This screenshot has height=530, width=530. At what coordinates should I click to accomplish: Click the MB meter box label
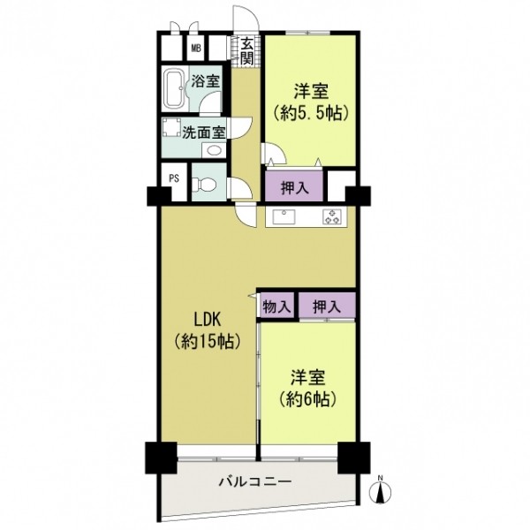[x=196, y=49]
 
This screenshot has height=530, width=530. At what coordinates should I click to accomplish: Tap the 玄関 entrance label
[x=247, y=51]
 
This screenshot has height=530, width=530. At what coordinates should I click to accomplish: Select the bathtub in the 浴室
[x=174, y=88]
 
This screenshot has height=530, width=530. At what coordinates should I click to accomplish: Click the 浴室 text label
[x=206, y=81]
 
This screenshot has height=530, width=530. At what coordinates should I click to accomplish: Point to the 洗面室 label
[x=204, y=132]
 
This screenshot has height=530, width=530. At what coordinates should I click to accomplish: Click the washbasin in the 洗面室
[x=214, y=150]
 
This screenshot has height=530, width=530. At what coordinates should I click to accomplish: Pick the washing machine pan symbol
[x=172, y=127]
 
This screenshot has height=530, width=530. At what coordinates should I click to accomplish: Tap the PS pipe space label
[x=174, y=178]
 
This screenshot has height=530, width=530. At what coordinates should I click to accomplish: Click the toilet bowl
[x=204, y=185]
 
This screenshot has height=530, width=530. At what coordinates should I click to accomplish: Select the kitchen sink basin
[x=284, y=216]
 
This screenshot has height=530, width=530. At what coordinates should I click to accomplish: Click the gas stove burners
[x=331, y=216]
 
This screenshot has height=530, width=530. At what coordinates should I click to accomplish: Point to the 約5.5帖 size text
[x=311, y=114]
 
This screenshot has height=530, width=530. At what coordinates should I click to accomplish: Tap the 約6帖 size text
[x=308, y=399]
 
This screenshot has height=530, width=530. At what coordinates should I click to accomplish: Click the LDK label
[x=208, y=320]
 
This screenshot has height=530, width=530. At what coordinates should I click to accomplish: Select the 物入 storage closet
[x=276, y=306]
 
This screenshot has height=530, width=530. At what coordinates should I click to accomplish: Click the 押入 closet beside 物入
[x=327, y=306]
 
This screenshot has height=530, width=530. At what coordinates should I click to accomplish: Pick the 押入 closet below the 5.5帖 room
[x=294, y=186]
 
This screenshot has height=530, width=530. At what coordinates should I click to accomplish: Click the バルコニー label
[x=255, y=481]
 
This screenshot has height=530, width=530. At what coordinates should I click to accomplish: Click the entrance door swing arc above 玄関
[x=252, y=13]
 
